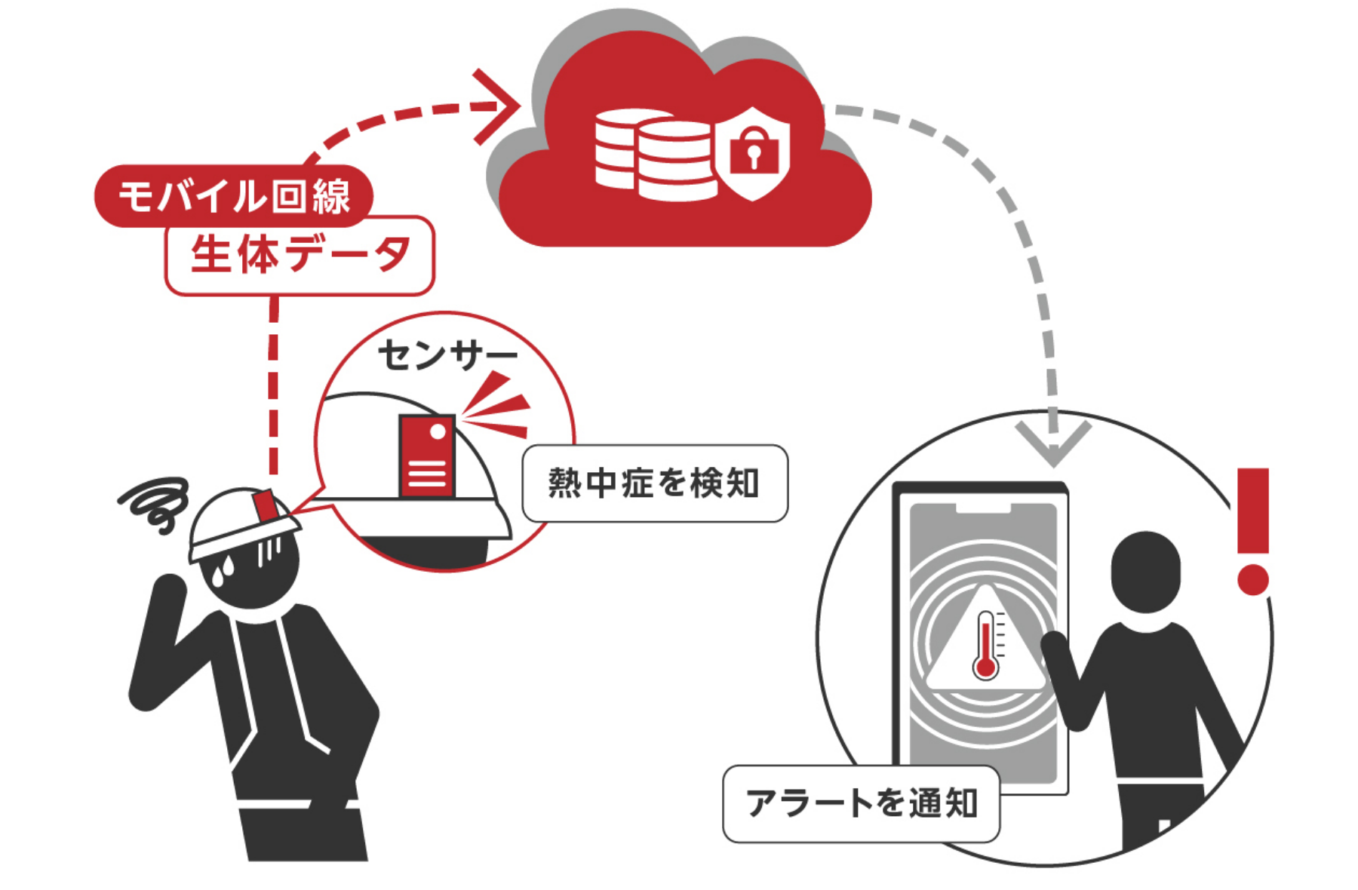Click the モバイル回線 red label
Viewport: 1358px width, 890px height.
[x=233, y=196]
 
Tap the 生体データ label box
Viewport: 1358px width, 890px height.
[x=300, y=255]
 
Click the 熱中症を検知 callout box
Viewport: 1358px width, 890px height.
[x=655, y=483]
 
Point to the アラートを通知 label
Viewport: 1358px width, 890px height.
[x=861, y=803]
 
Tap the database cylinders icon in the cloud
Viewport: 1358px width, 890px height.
[x=653, y=155]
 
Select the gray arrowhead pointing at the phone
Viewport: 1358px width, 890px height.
[x=1053, y=441]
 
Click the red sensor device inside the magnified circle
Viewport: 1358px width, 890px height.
[x=426, y=456]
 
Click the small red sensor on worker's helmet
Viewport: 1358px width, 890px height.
[x=265, y=505]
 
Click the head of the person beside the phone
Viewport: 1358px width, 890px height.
[x=1145, y=571]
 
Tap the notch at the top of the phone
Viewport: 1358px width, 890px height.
[x=983, y=508]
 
